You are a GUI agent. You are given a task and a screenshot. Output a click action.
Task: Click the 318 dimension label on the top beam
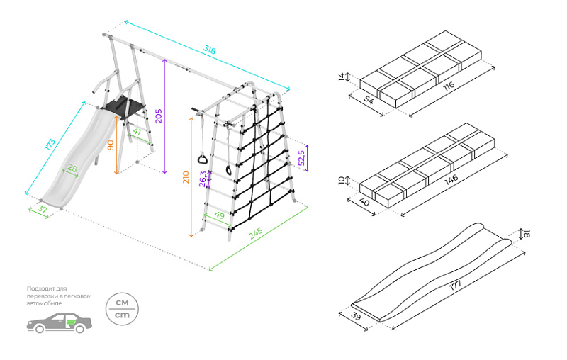tap(209, 50)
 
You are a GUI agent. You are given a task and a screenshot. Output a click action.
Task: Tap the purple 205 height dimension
tap(159, 116)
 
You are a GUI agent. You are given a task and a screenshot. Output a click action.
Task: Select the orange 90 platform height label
tap(110, 145)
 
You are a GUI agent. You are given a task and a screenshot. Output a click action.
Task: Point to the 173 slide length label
tap(50, 145)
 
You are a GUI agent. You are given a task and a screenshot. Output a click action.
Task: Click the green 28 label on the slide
tap(72, 169)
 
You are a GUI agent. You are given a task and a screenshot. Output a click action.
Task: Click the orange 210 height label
tap(186, 177)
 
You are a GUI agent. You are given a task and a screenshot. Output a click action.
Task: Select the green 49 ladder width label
tap(219, 215)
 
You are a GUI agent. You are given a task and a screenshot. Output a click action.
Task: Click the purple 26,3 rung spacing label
tap(203, 178)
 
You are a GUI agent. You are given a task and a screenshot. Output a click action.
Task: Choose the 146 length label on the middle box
tap(449, 177)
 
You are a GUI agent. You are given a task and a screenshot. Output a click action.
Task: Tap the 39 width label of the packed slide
tap(355, 317)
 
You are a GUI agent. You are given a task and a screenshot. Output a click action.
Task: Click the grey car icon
tap(60, 323)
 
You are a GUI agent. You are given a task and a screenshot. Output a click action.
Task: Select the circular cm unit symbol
tap(122, 308)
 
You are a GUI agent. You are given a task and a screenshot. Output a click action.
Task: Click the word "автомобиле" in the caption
tap(44, 303)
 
